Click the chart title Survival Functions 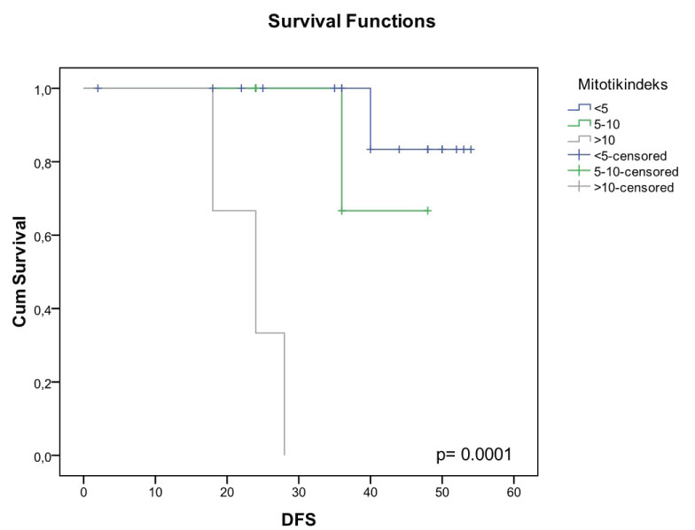click(352, 22)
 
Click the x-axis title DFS click(298, 519)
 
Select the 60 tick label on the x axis click(514, 489)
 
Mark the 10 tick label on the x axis click(155, 489)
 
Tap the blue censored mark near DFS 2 click(98, 88)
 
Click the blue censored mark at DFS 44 click(400, 150)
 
